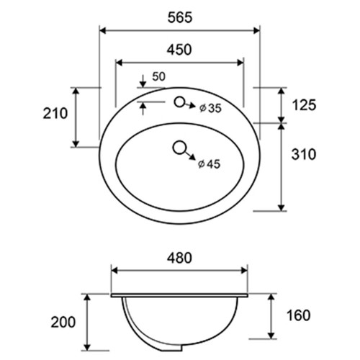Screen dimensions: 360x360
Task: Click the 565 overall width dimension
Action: (x=180, y=17)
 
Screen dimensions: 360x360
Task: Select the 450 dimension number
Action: (x=179, y=50)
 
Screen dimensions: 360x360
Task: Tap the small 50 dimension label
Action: (x=159, y=76)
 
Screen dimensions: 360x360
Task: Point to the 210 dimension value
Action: (x=55, y=113)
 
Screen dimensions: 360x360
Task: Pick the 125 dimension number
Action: (x=304, y=105)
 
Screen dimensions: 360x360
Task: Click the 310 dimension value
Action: (x=304, y=154)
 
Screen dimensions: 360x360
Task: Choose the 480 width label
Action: (x=179, y=258)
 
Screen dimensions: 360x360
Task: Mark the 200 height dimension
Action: (x=63, y=322)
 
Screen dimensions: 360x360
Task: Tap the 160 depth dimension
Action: (x=299, y=315)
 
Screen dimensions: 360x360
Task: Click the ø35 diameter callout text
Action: (x=210, y=108)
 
